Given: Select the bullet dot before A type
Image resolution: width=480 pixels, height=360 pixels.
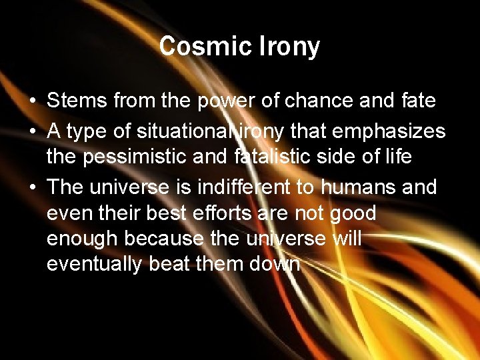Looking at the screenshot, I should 33,132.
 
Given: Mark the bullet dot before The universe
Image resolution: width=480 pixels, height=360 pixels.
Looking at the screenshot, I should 33,188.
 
